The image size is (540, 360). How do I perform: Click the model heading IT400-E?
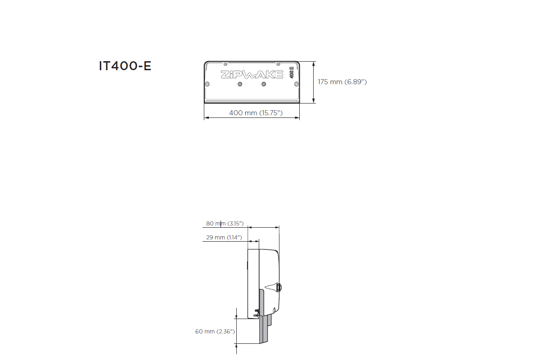point(125,66)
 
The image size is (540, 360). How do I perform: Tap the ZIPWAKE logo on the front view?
point(252,75)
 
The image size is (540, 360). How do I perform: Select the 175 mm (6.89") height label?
point(342,82)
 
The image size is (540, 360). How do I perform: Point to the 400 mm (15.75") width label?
point(256,112)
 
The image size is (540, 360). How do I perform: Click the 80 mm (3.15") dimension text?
point(225,223)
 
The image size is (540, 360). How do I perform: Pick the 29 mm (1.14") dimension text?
point(224,237)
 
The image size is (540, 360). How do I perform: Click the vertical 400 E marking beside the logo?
point(292,74)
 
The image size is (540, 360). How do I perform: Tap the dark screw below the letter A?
point(263,84)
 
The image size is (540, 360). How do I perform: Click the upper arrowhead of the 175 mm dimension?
point(314,63)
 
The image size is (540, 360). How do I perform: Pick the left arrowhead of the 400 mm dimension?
point(207,118)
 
